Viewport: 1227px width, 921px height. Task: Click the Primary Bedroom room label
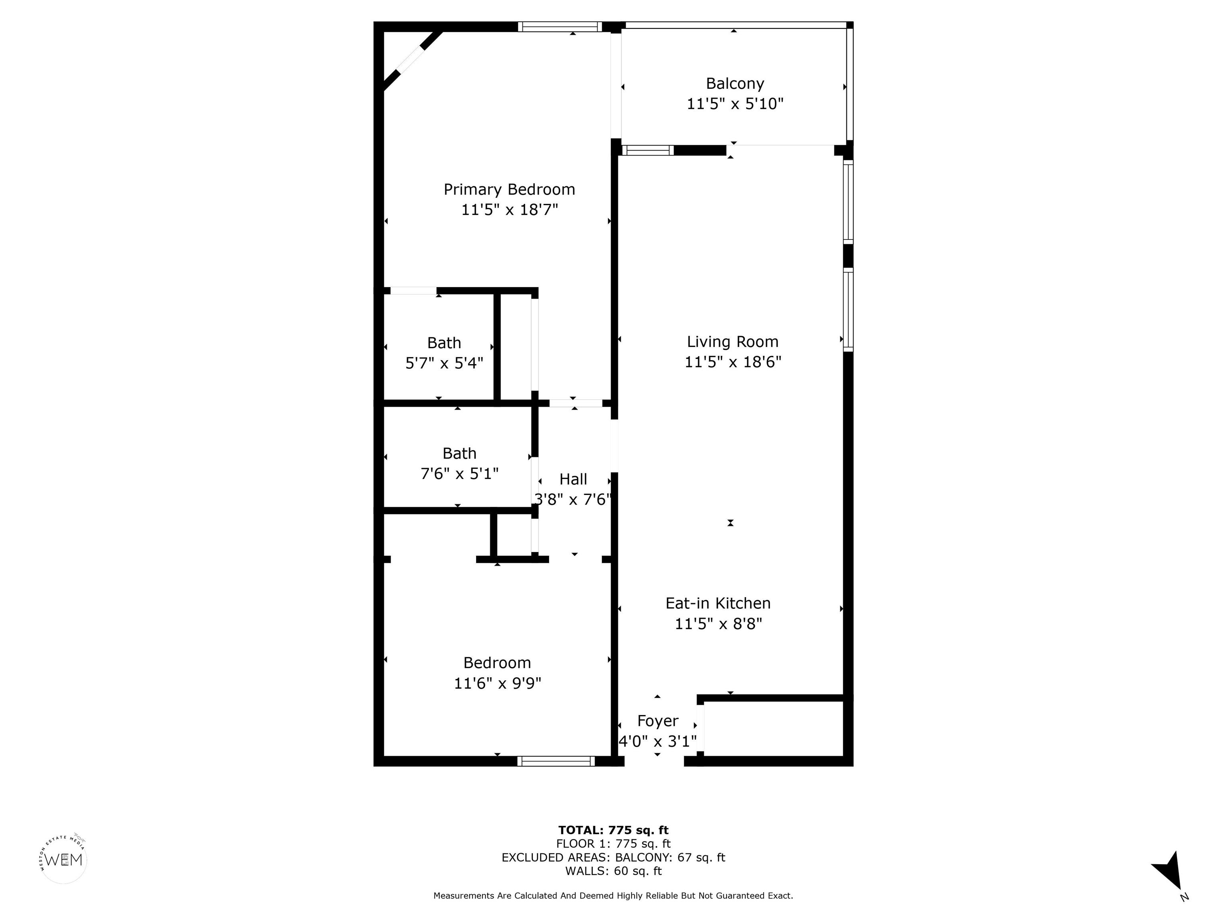click(509, 190)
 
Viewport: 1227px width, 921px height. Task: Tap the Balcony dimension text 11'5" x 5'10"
click(735, 104)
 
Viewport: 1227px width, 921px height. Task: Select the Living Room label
click(733, 341)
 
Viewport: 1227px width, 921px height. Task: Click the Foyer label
click(658, 721)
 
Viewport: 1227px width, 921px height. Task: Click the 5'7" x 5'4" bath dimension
click(444, 363)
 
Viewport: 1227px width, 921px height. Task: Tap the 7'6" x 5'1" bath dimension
click(459, 474)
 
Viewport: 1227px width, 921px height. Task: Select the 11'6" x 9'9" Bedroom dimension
click(498, 683)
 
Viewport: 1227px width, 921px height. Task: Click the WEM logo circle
click(64, 860)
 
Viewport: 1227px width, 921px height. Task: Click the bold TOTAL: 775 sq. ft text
click(613, 830)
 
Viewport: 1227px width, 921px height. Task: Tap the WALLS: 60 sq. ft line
click(613, 871)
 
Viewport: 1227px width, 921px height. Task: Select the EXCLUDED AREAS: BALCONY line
click(613, 857)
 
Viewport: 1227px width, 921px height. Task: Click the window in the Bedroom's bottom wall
click(556, 761)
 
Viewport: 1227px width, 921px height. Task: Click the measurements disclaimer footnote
click(613, 895)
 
